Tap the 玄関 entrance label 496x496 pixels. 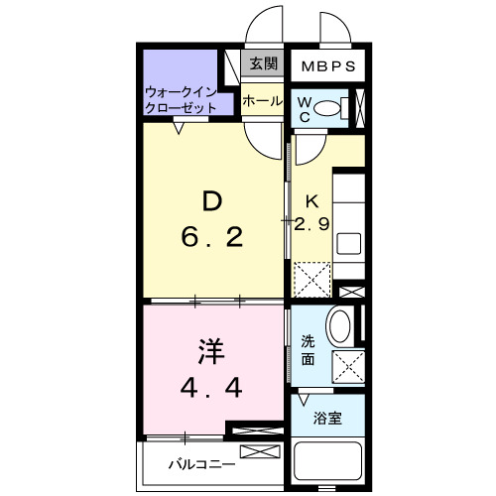click(263, 64)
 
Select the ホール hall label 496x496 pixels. click(262, 100)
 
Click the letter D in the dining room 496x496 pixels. click(211, 201)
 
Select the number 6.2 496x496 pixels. click(211, 238)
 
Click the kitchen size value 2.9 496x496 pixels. click(310, 223)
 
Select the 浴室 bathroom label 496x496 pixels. click(328, 418)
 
